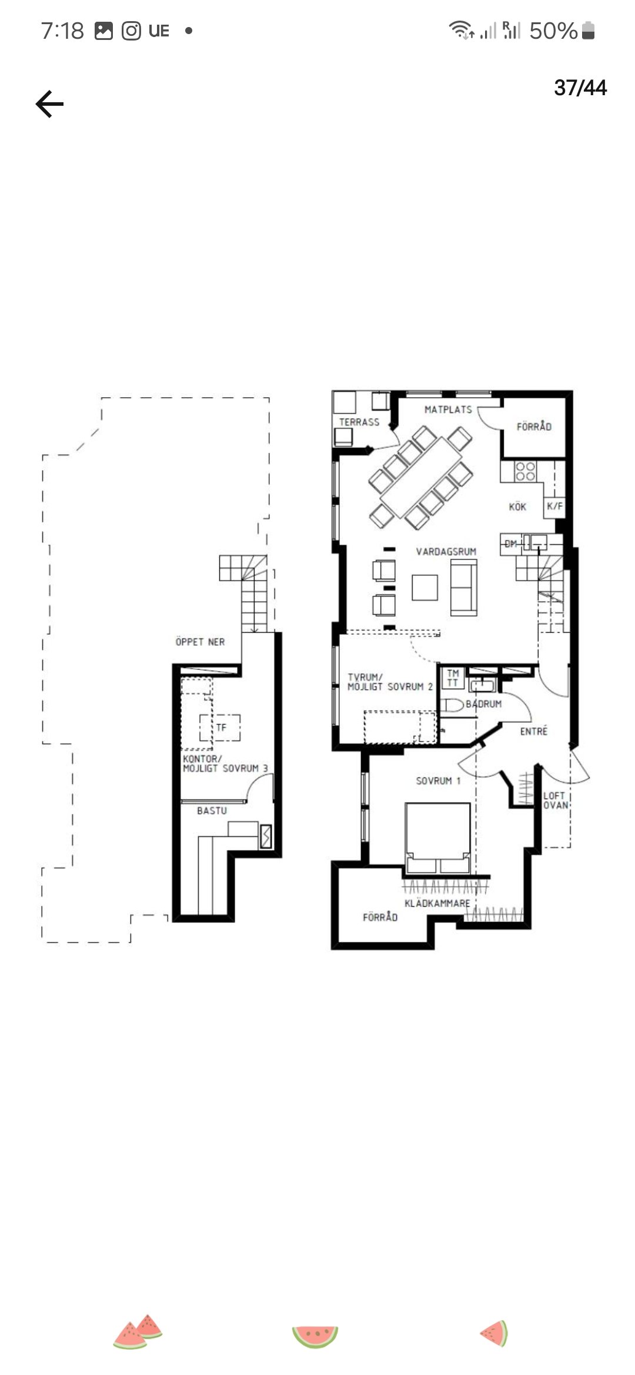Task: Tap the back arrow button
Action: pos(49,104)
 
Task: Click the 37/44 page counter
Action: pos(580,88)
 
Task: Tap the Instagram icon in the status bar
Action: pos(131,31)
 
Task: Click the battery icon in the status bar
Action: pos(588,31)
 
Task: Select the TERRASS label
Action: pos(359,422)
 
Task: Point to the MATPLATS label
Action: pos(448,410)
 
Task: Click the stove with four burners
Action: pos(526,471)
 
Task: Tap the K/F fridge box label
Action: pos(554,506)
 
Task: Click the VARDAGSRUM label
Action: pos(446,551)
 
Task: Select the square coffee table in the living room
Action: pos(425,587)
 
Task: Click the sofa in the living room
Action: pos(464,587)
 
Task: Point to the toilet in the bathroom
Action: pos(452,705)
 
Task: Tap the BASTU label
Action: pos(212,810)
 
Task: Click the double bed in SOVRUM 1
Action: pos(437,838)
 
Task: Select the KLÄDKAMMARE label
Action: pos(437,903)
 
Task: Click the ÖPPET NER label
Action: pos(200,642)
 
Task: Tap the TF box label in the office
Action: pos(221,727)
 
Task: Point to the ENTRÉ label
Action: pos(534,731)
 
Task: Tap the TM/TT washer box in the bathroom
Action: pos(453,678)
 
